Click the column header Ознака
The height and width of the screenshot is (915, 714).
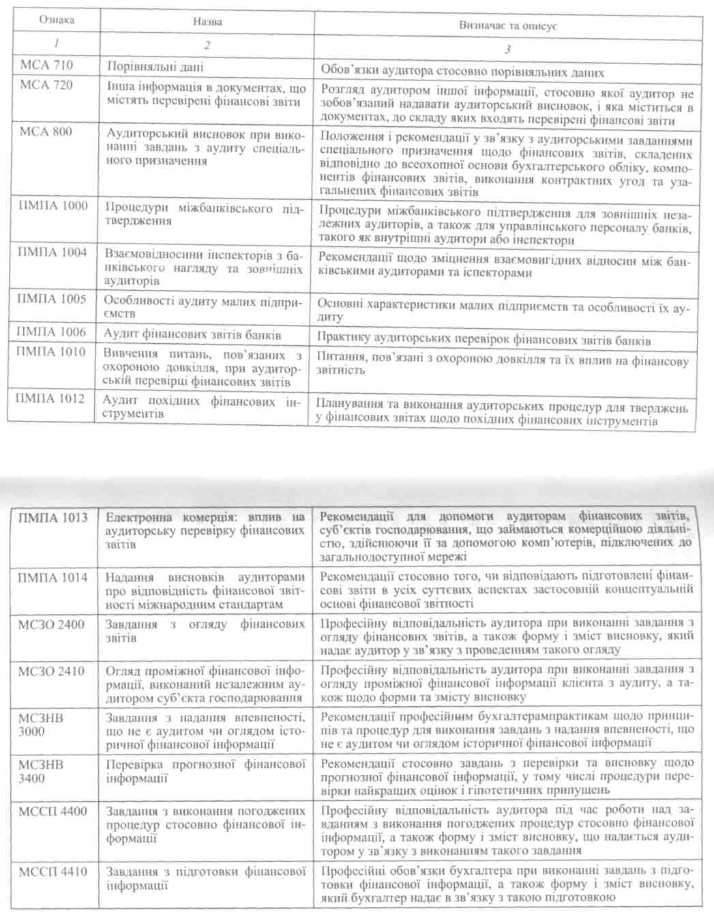56,20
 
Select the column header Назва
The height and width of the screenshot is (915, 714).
207,22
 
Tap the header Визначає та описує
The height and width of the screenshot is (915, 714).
508,26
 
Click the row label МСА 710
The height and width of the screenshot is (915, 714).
46,66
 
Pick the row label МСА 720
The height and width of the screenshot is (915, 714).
46,85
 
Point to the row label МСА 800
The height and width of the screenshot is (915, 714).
46,131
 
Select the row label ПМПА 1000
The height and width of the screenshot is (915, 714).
53,205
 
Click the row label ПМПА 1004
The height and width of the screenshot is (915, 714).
52,252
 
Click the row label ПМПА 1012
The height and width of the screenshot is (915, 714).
50,398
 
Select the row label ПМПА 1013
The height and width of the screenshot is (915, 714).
53,518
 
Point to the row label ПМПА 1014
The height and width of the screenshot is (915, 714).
53,578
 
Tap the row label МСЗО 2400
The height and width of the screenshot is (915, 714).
53,624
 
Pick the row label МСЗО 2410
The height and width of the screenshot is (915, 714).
53,671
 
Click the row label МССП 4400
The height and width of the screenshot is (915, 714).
53,811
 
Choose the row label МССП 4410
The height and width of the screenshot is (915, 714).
53,871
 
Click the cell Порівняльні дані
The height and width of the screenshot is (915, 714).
155,67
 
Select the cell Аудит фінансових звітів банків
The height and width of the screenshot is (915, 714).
192,335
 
